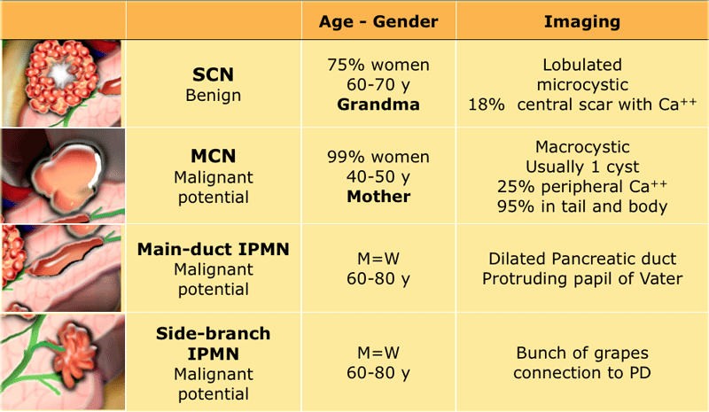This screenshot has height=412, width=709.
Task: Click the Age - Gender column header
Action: [x=378, y=21]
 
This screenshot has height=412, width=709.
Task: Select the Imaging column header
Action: [x=582, y=21]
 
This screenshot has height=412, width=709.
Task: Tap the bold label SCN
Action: [x=213, y=74]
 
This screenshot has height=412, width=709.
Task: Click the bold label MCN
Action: [x=213, y=156]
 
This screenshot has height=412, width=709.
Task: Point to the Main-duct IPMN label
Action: [x=213, y=249]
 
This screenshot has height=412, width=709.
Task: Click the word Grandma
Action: [x=378, y=105]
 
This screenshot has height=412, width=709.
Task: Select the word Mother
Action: [x=378, y=197]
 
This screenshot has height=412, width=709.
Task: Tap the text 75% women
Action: [x=378, y=65]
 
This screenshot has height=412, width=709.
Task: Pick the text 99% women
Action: [x=378, y=157]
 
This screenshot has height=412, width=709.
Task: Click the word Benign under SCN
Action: [x=213, y=96]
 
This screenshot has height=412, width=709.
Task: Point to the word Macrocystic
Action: [x=582, y=147]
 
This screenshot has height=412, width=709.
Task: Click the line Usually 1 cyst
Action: [x=582, y=167]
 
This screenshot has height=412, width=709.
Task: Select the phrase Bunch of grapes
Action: [x=582, y=353]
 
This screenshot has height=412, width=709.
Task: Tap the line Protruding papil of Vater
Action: [x=582, y=278]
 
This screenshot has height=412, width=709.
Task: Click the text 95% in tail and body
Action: [x=582, y=206]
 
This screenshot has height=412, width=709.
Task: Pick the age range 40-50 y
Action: [x=378, y=176]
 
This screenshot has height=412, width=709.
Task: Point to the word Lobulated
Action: [x=582, y=65]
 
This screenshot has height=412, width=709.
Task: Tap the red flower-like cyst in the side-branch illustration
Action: [x=74, y=347]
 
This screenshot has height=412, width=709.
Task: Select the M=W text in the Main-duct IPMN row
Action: [x=378, y=259]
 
